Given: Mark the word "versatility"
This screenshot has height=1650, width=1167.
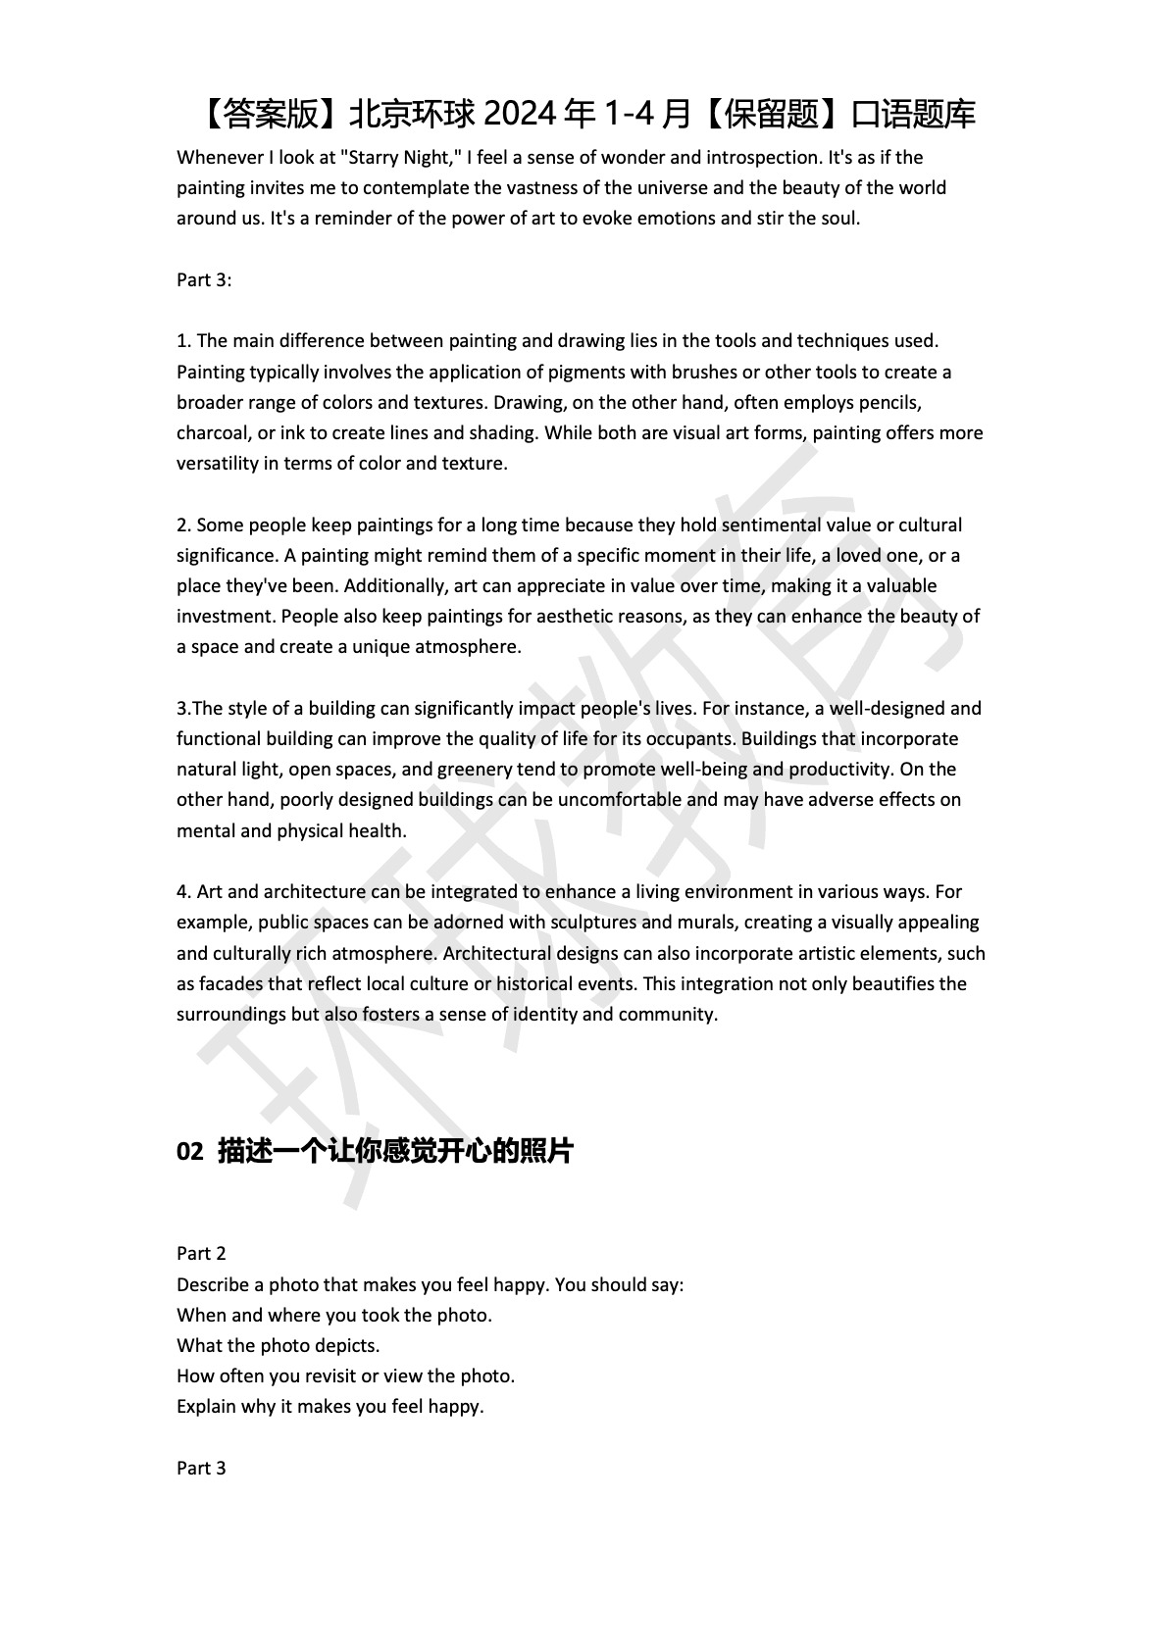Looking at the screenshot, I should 218,464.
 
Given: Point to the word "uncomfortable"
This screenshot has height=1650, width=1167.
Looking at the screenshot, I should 619,800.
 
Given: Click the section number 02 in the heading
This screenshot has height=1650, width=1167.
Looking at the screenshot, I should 189,1152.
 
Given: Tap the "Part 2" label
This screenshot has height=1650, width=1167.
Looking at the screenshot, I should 201,1254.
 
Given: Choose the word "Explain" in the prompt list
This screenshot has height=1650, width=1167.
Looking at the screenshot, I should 207,1407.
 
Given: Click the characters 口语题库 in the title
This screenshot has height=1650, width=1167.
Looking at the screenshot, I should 913,115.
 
